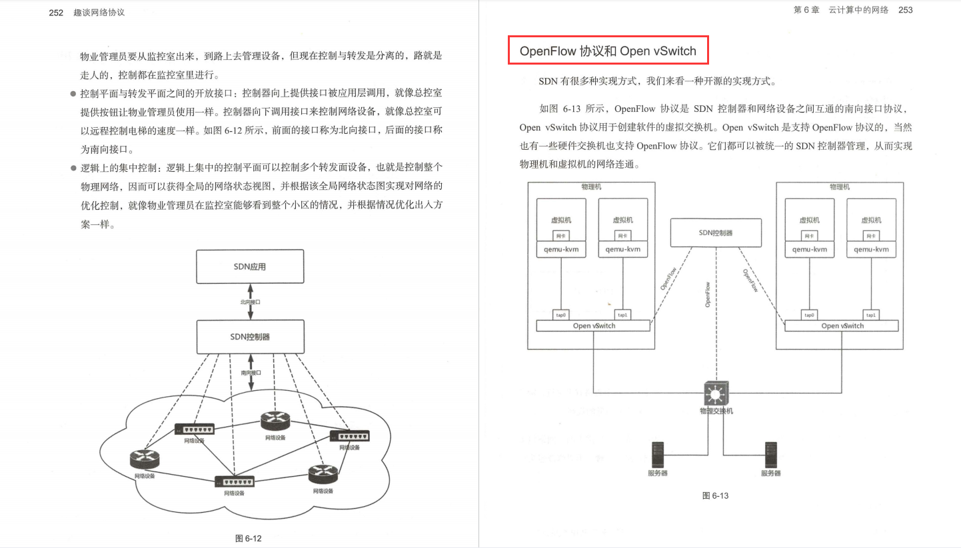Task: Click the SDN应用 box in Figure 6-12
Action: coord(250,267)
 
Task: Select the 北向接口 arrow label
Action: coord(251,302)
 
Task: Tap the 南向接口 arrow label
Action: coord(251,373)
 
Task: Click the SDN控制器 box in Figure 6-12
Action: coord(250,337)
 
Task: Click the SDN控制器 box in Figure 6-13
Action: coord(716,233)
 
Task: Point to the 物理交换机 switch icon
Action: coord(716,394)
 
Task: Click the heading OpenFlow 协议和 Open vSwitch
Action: coord(608,51)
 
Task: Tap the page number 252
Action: coord(56,12)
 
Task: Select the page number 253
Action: coord(905,10)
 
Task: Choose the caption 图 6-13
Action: coord(716,495)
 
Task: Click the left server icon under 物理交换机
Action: coord(657,454)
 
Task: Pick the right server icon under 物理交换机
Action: coord(771,454)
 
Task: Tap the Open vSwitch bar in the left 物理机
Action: coord(593,326)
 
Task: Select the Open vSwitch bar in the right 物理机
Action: coord(842,326)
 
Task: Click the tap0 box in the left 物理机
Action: coord(561,314)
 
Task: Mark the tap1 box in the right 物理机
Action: coord(871,314)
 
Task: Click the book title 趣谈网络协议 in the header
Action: coord(99,12)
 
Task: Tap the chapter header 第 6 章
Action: coord(806,10)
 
